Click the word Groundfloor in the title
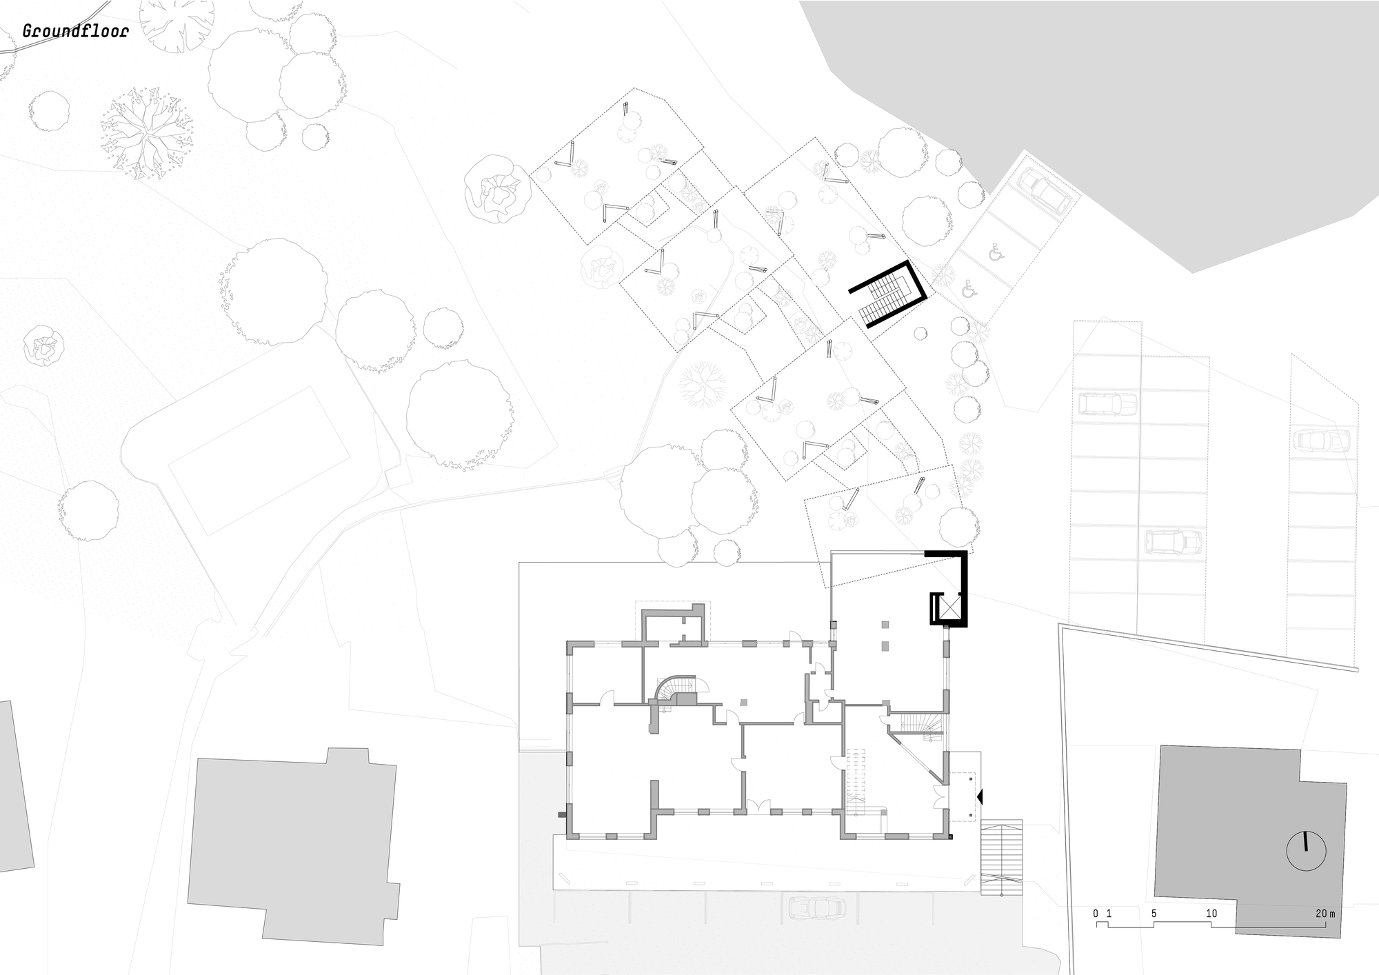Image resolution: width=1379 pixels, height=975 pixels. (75, 32)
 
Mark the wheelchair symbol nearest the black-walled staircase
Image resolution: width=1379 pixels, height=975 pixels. (969, 288)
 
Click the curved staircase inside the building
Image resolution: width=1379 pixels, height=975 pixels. (669, 690)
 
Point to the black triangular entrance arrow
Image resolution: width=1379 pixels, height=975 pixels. (980, 796)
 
